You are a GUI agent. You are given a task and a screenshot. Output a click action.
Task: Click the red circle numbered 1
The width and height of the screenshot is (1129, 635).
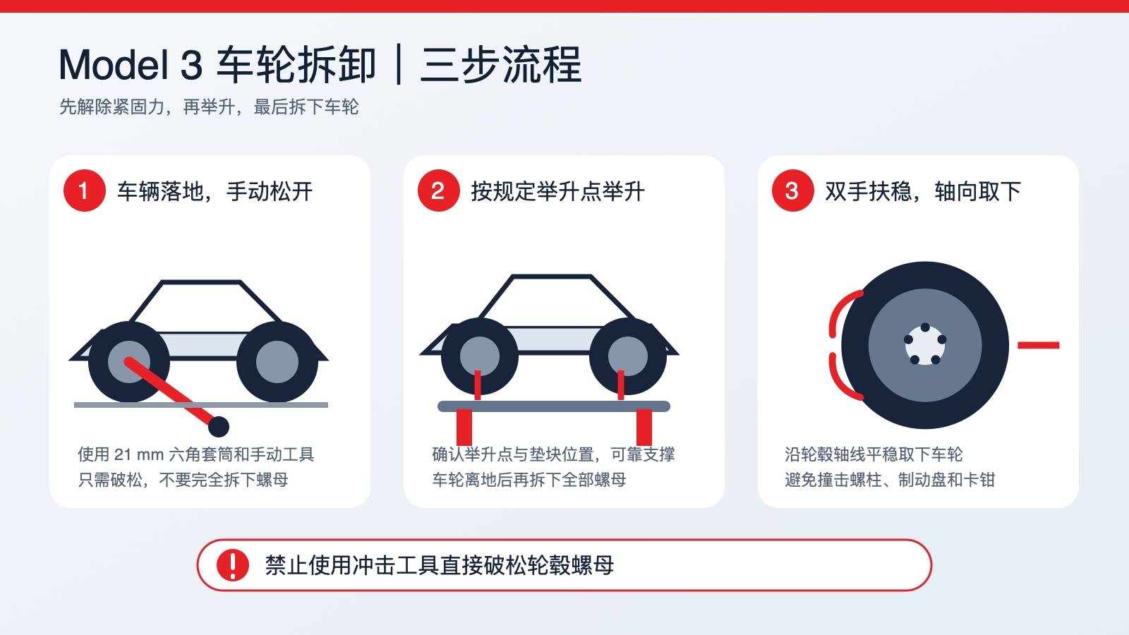(84, 190)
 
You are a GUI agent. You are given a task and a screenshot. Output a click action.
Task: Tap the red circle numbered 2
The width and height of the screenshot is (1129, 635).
(438, 190)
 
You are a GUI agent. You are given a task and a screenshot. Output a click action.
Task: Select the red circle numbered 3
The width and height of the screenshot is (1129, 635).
(793, 190)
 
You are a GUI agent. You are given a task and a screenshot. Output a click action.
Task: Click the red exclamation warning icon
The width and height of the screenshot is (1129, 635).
(232, 565)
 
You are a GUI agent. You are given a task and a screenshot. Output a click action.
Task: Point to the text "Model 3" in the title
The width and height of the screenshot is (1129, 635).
(131, 65)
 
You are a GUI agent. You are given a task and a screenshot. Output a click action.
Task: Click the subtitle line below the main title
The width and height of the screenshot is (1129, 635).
(209, 107)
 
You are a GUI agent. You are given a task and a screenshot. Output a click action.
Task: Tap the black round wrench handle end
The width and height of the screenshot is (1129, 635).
(219, 427)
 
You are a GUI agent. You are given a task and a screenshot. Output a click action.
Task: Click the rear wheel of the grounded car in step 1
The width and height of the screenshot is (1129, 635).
(277, 361)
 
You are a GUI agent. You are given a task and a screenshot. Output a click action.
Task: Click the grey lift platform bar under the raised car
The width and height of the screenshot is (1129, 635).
(553, 406)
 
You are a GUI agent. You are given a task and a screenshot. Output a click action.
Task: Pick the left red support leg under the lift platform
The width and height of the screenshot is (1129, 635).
(464, 428)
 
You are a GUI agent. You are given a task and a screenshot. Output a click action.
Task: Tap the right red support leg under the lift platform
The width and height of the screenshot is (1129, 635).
(644, 428)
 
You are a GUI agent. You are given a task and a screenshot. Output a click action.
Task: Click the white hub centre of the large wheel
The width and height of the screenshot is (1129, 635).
(925, 345)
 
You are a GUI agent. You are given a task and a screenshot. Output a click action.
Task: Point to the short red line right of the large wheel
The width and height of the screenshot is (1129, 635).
(1038, 345)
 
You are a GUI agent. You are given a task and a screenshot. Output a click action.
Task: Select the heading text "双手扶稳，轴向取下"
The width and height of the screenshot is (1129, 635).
(923, 191)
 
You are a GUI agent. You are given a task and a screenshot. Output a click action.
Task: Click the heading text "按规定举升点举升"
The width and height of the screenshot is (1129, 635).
(558, 191)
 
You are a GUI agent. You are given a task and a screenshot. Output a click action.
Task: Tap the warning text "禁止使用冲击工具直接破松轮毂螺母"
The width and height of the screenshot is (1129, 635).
(440, 565)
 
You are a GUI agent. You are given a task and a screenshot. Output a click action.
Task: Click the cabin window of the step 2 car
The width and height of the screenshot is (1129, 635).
(551, 301)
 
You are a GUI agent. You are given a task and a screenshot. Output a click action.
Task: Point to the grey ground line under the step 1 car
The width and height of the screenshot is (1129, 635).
(201, 405)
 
